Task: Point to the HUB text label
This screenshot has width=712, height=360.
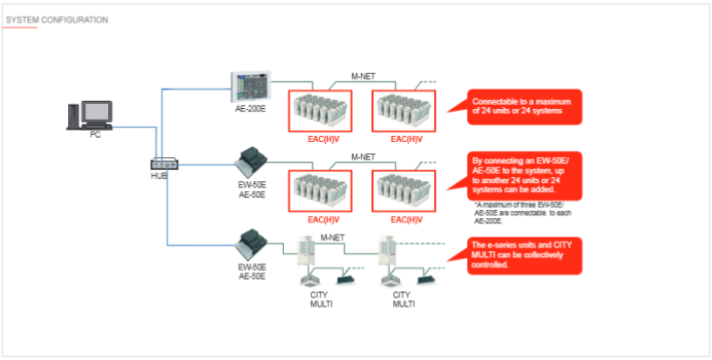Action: pos(159,176)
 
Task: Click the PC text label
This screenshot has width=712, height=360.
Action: pos(95,135)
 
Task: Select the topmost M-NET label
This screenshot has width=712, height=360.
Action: pos(363,76)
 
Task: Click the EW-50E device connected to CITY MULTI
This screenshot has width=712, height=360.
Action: pos(254,239)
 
